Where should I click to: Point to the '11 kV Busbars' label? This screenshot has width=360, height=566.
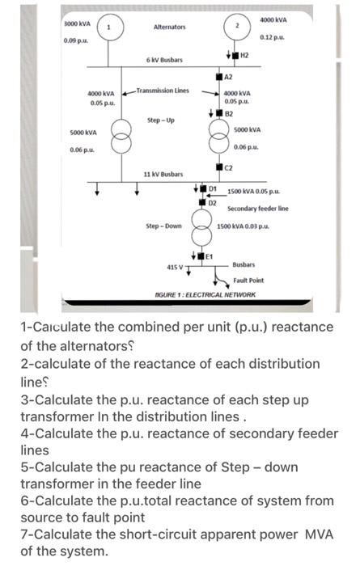coord(163,174)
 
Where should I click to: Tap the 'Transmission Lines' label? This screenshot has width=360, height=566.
coord(163,90)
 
